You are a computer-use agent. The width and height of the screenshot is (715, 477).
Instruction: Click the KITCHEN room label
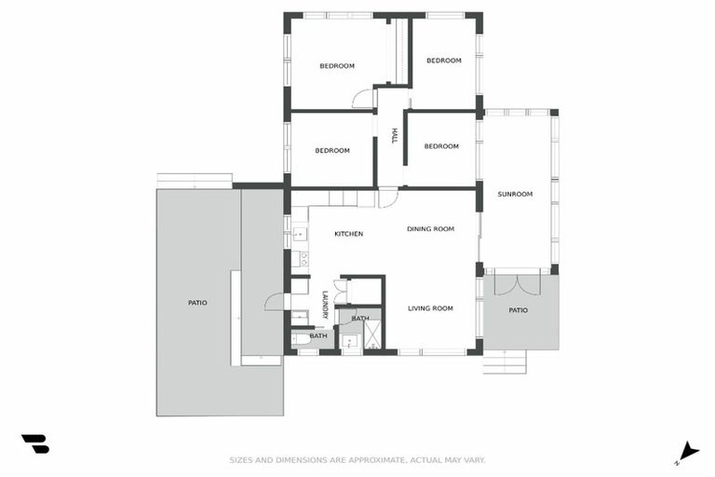[348, 234]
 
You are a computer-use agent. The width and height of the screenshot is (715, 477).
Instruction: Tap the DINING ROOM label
[430, 229]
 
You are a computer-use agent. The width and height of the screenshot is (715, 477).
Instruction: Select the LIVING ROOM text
[430, 308]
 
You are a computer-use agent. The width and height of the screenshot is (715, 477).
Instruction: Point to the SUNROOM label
[515, 194]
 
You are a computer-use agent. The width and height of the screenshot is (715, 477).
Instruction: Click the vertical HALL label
[395, 136]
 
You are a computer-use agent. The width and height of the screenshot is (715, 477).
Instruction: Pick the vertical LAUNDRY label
[325, 306]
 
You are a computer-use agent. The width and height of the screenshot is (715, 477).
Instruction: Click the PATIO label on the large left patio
[197, 303]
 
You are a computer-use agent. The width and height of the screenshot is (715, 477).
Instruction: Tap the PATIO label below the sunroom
[518, 310]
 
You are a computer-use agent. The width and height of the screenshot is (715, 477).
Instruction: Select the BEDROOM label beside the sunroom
[441, 146]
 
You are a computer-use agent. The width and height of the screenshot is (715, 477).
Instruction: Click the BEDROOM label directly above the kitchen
[331, 151]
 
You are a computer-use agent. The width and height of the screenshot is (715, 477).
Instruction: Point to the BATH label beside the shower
[360, 319]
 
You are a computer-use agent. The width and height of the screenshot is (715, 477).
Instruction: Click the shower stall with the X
[372, 334]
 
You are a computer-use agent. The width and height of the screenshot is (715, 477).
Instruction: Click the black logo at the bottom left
[34, 443]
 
